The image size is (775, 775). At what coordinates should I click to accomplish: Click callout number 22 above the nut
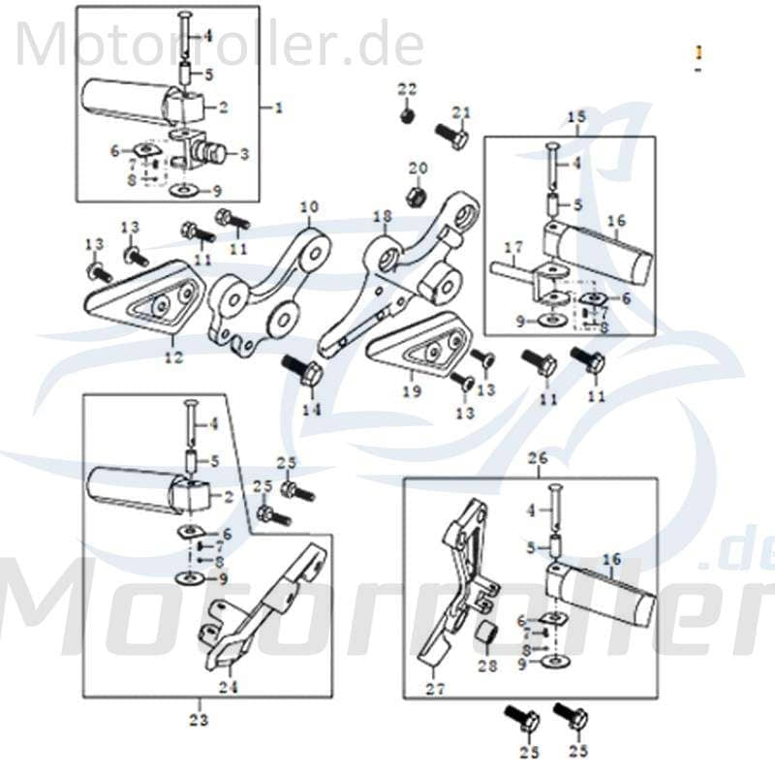coord(407,89)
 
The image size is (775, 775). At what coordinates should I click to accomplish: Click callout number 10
coord(308,206)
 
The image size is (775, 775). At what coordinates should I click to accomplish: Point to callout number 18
coord(382,215)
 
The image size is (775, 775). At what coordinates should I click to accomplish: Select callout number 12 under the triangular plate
coord(172,357)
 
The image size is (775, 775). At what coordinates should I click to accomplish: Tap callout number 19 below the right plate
coord(412,391)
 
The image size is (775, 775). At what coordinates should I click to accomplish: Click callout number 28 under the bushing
coord(486,666)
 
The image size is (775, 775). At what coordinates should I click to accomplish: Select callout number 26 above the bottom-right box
coord(538,456)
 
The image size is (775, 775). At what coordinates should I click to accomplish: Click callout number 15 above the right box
coord(576,117)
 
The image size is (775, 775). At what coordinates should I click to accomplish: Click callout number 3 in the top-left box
coord(243,152)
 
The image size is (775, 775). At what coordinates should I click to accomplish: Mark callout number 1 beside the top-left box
coord(279,108)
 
